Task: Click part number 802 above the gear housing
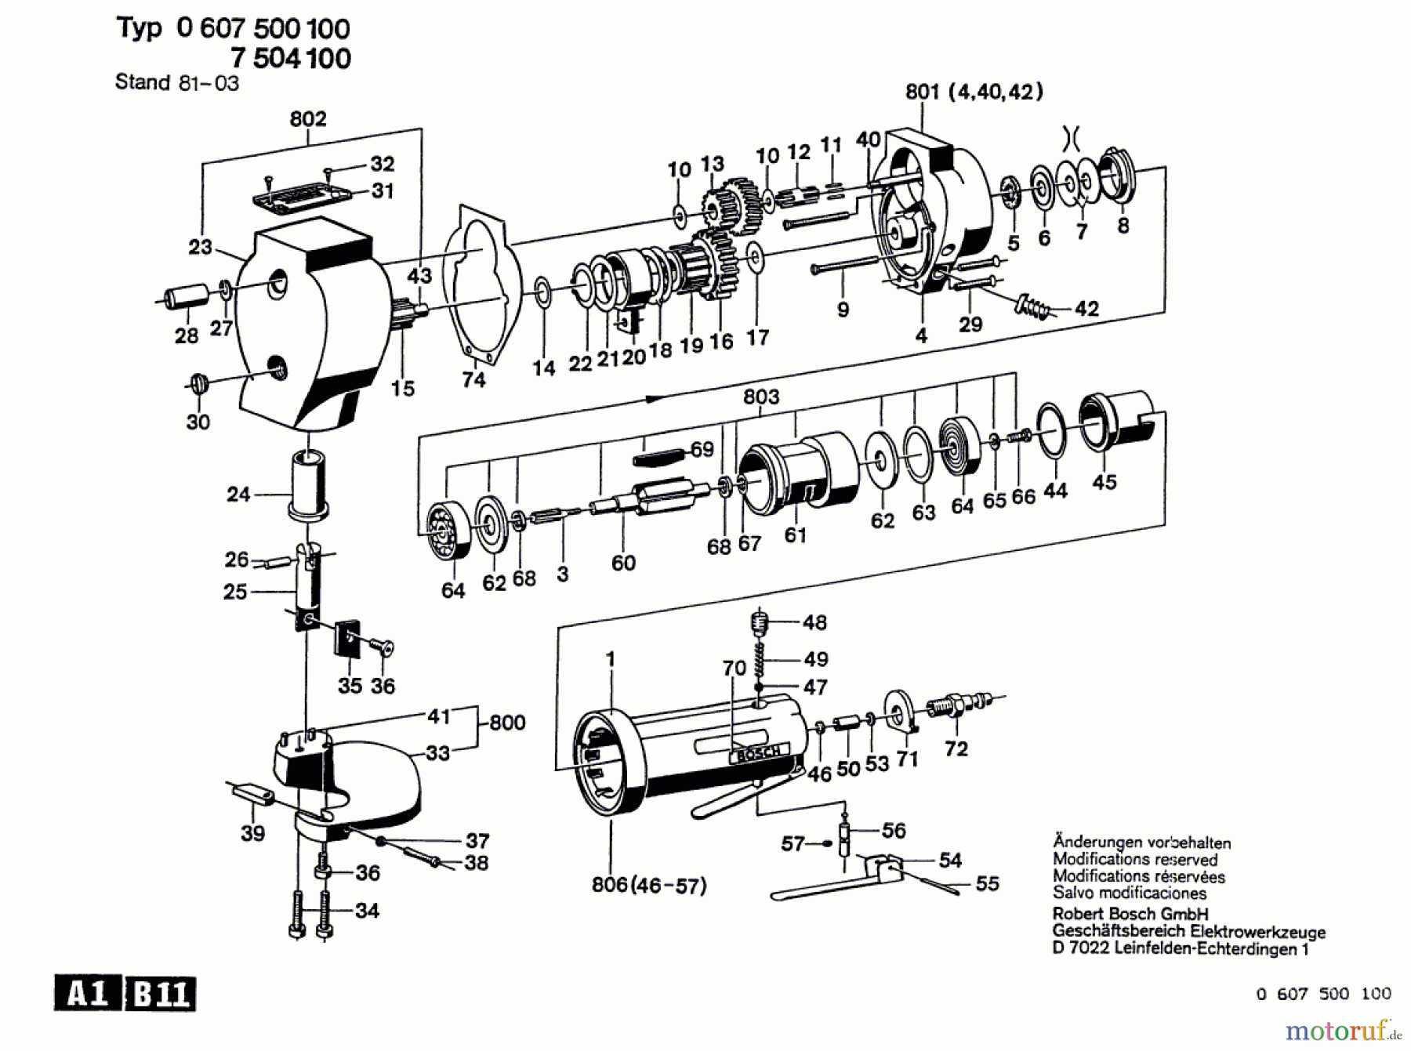click(307, 118)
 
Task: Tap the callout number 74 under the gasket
click(473, 379)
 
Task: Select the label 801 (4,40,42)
click(974, 92)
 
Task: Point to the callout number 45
click(1104, 481)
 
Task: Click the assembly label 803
click(761, 397)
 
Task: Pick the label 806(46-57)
click(649, 886)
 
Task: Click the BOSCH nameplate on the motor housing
click(758, 754)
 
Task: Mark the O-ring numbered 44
click(1051, 430)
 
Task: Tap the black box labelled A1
click(88, 994)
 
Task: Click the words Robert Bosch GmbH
click(1130, 914)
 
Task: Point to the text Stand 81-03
click(177, 82)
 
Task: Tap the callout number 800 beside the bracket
click(507, 722)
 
